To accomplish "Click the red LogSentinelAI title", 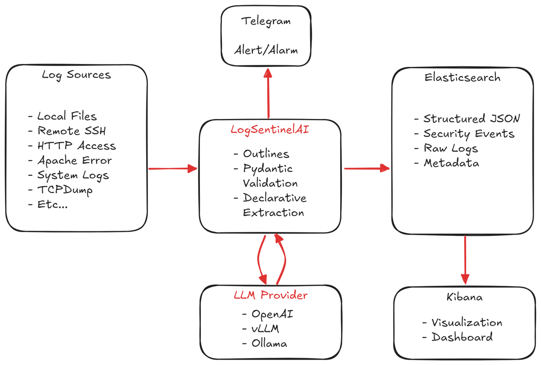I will [x=270, y=130].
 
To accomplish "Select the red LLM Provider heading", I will [x=270, y=295].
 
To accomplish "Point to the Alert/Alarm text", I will [x=266, y=50].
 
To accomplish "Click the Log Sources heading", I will [x=77, y=75].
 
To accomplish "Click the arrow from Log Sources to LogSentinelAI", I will [x=173, y=169].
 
